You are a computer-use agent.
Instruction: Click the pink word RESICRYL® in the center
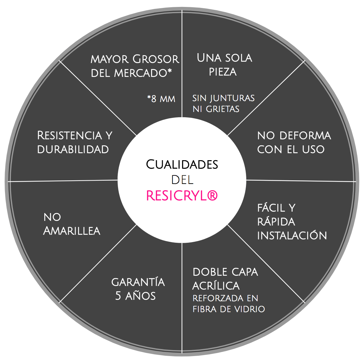coord(182,196)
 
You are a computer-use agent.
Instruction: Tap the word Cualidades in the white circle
coord(182,164)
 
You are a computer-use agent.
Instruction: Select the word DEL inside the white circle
coord(182,180)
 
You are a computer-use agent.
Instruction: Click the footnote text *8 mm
coord(161,99)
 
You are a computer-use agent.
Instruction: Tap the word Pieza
coord(222,72)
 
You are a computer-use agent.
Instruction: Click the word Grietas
coord(222,109)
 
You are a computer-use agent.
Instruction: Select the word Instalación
coord(292,235)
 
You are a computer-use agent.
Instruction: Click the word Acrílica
coord(216,285)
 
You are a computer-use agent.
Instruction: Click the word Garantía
coord(138,282)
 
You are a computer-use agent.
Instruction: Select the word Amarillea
coord(72,231)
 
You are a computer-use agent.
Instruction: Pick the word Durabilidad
coord(73,149)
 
